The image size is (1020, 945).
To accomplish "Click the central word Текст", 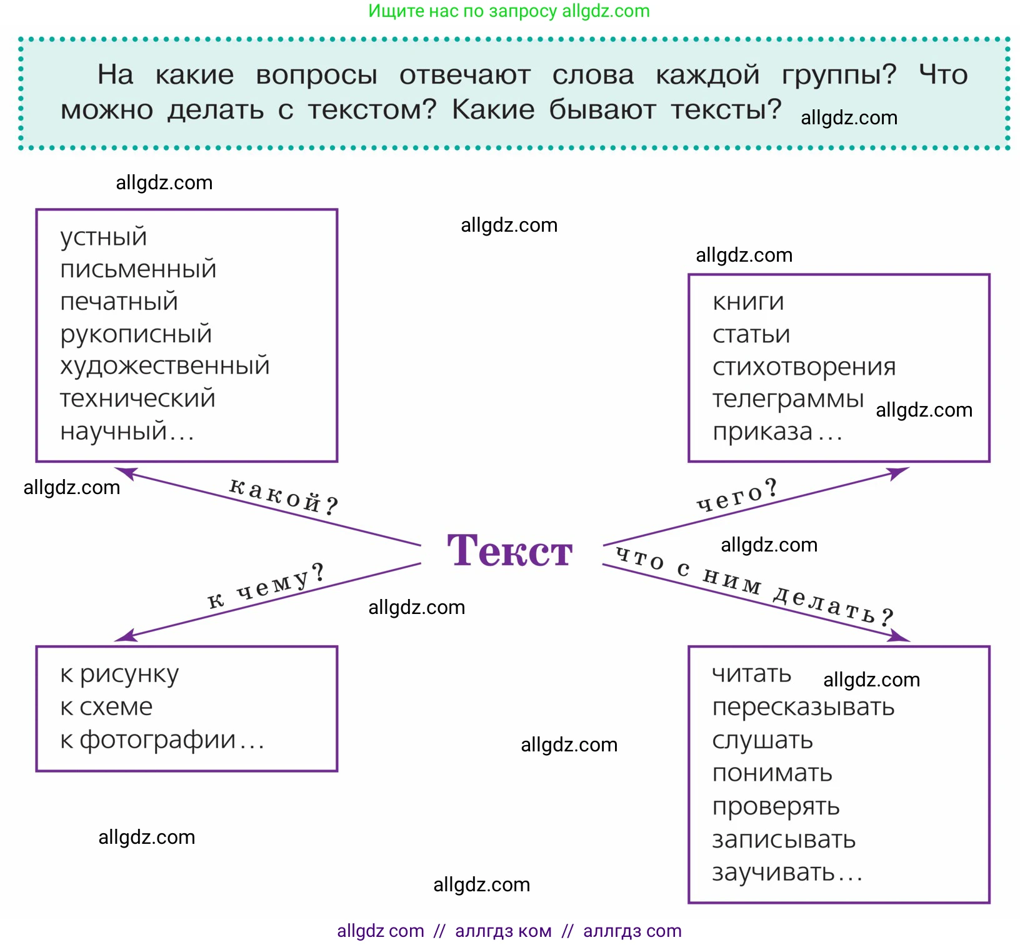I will [x=509, y=551].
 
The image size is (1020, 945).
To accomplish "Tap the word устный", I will [x=103, y=237].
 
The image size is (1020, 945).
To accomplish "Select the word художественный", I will [x=164, y=366].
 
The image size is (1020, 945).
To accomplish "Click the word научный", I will [x=113, y=431].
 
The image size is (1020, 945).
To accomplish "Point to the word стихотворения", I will [x=804, y=367].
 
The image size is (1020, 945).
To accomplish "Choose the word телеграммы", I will [x=787, y=398].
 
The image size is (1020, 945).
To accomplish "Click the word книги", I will [x=748, y=302].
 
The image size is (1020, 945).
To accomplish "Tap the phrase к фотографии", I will [x=148, y=740].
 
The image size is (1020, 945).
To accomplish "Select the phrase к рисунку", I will [x=119, y=675].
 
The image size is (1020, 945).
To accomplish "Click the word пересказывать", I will [x=803, y=707].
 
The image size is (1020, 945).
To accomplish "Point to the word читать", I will [x=752, y=674].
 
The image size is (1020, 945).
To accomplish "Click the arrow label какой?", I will [x=283, y=495].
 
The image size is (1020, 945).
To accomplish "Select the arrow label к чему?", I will [x=266, y=586].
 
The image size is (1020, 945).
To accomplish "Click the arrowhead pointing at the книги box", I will [x=900, y=472].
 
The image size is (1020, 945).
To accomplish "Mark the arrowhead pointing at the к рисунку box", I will [x=124, y=636].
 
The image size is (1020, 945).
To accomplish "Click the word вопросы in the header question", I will [x=316, y=75].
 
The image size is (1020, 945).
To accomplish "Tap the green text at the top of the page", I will [x=509, y=11].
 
